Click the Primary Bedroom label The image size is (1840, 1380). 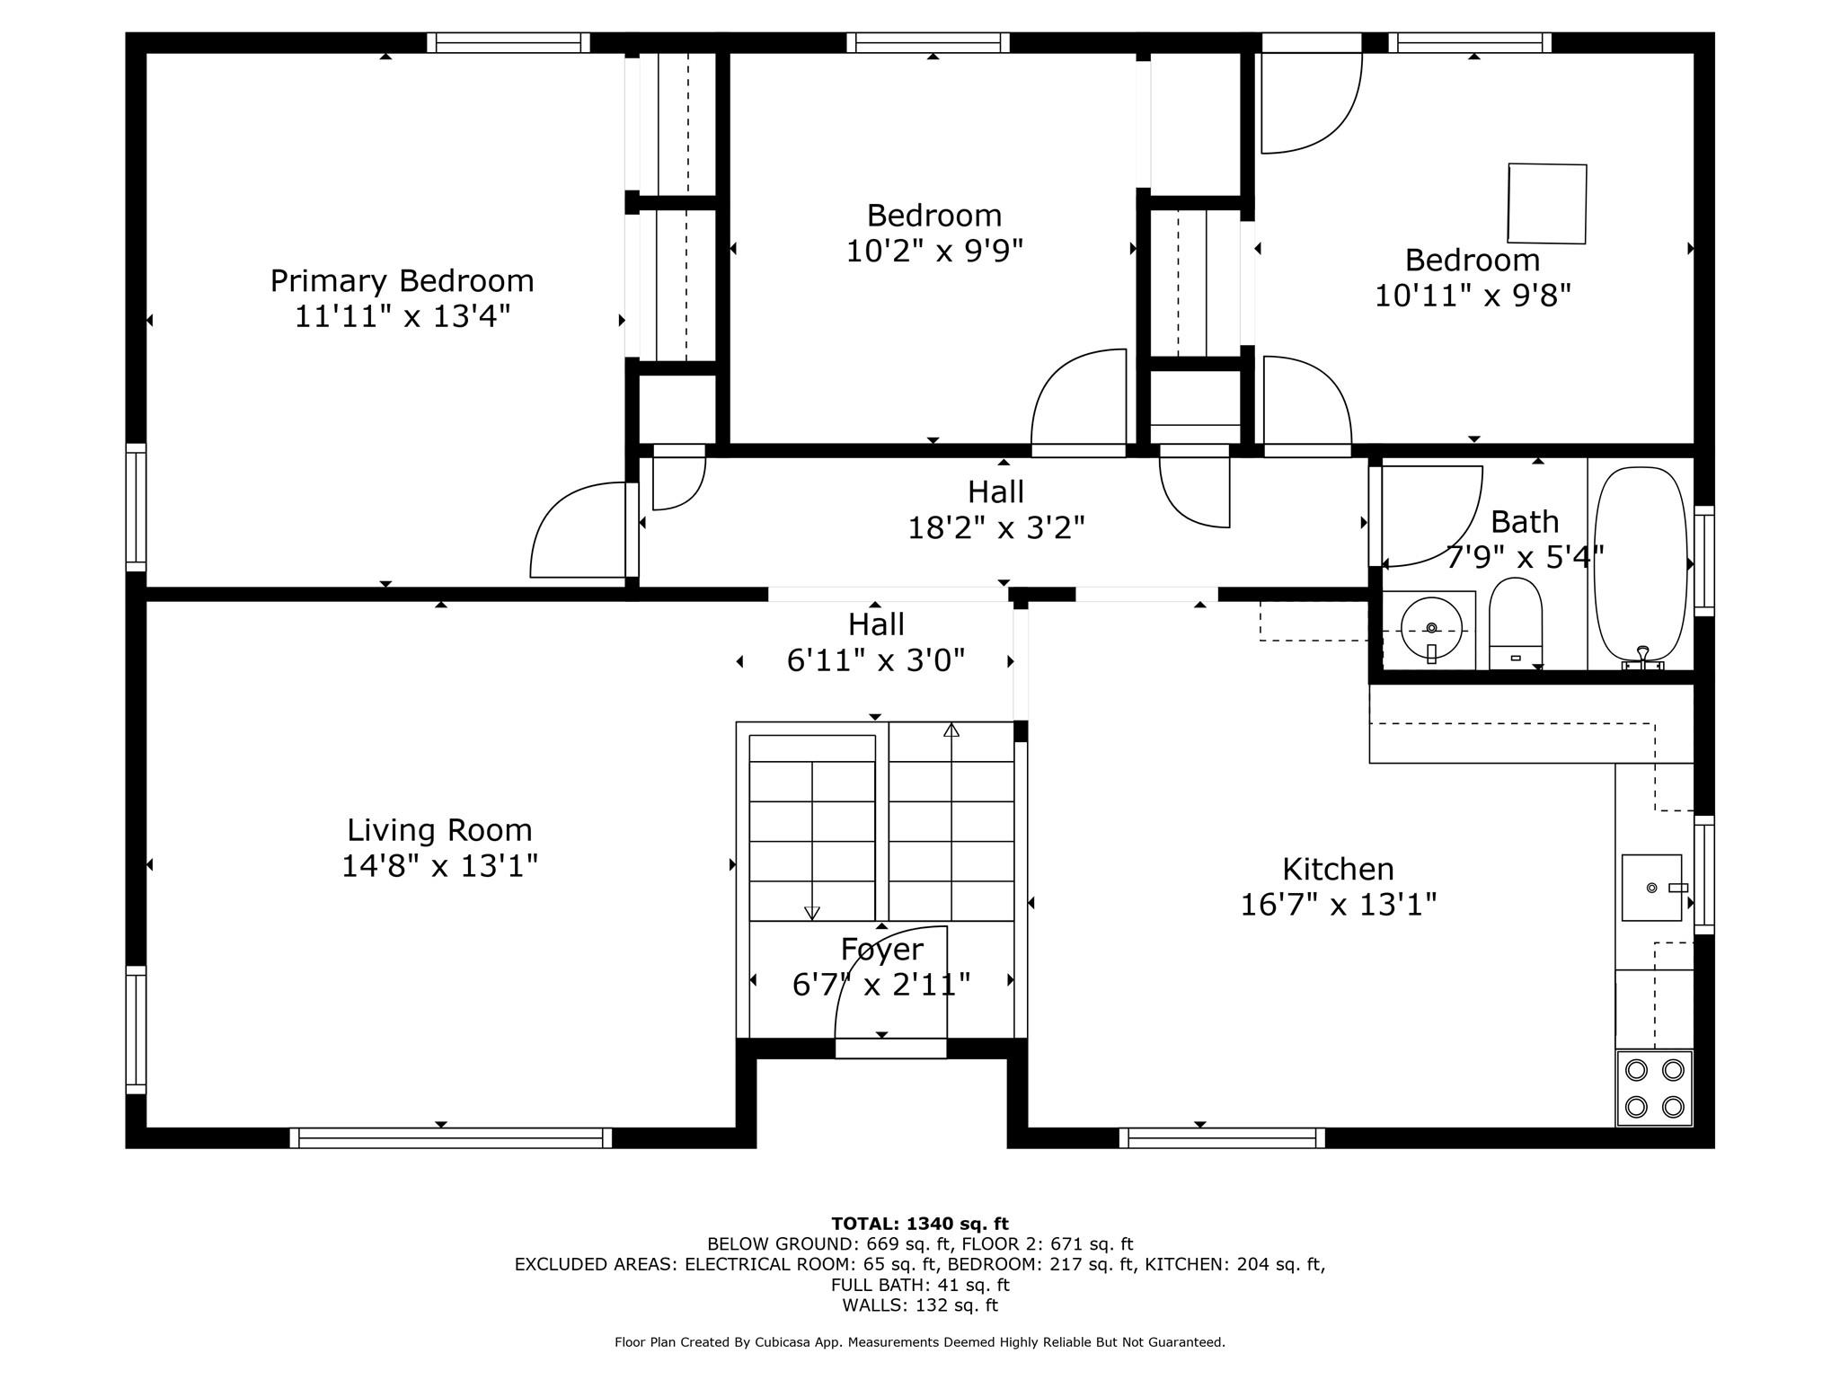click(x=402, y=281)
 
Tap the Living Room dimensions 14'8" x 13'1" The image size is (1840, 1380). click(x=439, y=866)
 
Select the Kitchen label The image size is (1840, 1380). click(x=1338, y=869)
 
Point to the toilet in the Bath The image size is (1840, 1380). click(x=1516, y=623)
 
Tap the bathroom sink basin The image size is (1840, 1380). click(x=1430, y=629)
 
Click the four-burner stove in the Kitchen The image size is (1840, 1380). click(x=1654, y=1087)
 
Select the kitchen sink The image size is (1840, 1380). click(x=1651, y=888)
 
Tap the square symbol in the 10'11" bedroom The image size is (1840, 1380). click(x=1547, y=203)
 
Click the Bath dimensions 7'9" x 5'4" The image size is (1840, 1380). click(x=1525, y=558)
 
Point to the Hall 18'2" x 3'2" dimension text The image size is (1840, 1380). click(x=996, y=527)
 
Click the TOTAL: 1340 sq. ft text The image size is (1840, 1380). click(x=920, y=1224)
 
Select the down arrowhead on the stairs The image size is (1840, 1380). click(x=812, y=913)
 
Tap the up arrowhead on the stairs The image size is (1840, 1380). click(x=951, y=730)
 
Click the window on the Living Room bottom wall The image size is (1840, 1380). click(x=451, y=1137)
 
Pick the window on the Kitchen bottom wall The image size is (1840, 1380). click(x=1222, y=1137)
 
